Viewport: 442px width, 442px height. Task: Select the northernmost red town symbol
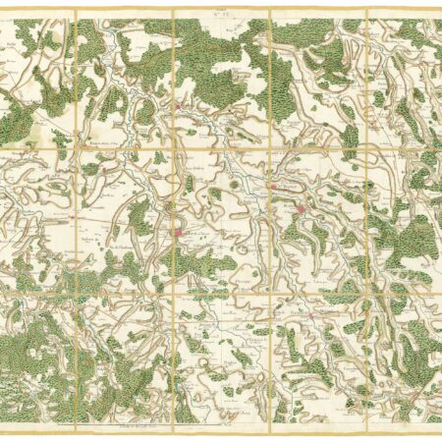tap(179, 107)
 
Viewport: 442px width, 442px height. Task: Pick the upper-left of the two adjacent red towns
tap(275, 188)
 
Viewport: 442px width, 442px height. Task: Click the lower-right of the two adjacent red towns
tap(301, 208)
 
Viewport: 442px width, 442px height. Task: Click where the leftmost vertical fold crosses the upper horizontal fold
tap(75, 147)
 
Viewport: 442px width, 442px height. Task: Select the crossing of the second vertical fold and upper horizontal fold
tap(173, 147)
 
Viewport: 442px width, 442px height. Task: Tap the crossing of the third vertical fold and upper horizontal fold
tap(270, 147)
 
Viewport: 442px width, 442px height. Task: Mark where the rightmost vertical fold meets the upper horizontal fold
tap(367, 147)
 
